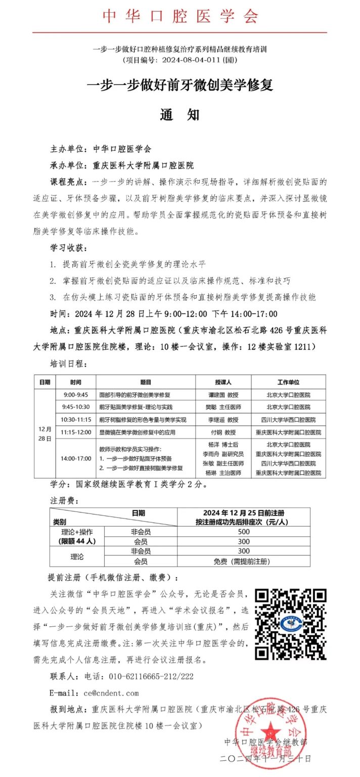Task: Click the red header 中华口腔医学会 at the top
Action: pos(180,16)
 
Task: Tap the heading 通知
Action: pos(180,115)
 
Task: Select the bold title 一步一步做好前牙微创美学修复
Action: pos(180,85)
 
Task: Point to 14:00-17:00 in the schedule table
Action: pos(76,458)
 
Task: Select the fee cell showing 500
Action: pos(244,532)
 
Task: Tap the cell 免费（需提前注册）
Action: pos(244,562)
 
